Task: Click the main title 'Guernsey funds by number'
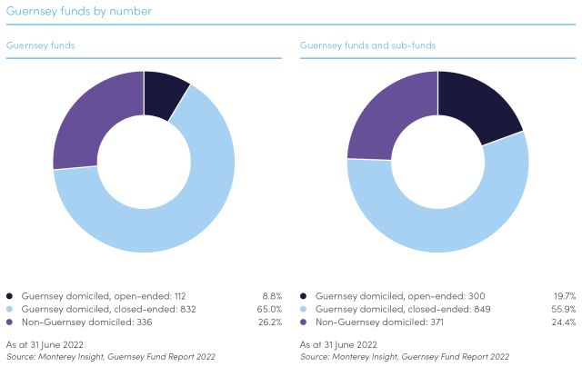[x=79, y=12]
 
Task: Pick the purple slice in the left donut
[x=86, y=114]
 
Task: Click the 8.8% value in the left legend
[x=270, y=296]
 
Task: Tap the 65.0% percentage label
[x=268, y=309]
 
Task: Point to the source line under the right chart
[x=404, y=357]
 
